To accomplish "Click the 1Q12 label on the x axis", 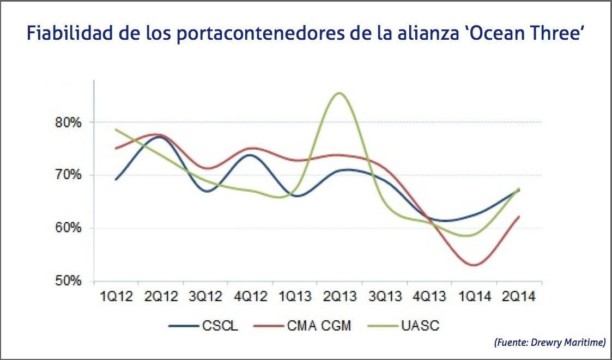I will click(x=116, y=297).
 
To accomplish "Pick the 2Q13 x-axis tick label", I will click(x=340, y=297).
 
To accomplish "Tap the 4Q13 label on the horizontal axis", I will click(x=430, y=297).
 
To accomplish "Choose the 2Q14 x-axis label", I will click(x=519, y=297).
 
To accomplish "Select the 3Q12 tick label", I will click(x=205, y=297).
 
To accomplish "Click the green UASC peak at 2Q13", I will click(x=340, y=93).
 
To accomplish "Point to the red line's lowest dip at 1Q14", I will click(x=474, y=265).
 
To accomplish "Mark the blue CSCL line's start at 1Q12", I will click(x=116, y=179).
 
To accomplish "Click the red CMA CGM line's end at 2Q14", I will click(x=519, y=216).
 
